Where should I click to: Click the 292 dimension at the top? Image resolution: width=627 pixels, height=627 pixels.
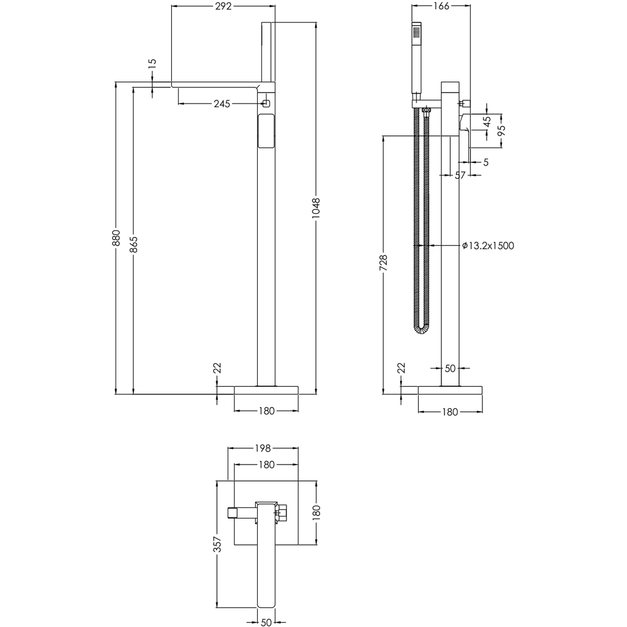(223, 7)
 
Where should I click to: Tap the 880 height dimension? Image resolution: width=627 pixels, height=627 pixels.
(116, 238)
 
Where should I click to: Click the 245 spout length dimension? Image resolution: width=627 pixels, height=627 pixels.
(221, 103)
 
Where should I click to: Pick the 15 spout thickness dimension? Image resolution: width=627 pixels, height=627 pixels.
(152, 64)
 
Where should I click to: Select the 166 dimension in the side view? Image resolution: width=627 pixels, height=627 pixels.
(441, 7)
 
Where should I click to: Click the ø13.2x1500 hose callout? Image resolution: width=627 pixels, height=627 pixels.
(488, 246)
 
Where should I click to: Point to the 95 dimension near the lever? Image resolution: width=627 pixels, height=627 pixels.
(501, 130)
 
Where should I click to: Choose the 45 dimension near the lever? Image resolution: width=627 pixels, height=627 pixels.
(487, 121)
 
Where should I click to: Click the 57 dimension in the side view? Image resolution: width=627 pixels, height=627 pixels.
(460, 176)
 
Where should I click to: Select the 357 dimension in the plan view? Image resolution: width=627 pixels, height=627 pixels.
(217, 544)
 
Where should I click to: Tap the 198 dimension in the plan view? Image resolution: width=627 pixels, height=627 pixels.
(262, 448)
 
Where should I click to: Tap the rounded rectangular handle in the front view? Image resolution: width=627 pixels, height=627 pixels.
(266, 130)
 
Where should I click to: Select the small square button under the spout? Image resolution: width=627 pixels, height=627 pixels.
(266, 102)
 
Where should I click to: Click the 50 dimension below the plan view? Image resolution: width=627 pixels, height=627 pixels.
(266, 621)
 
